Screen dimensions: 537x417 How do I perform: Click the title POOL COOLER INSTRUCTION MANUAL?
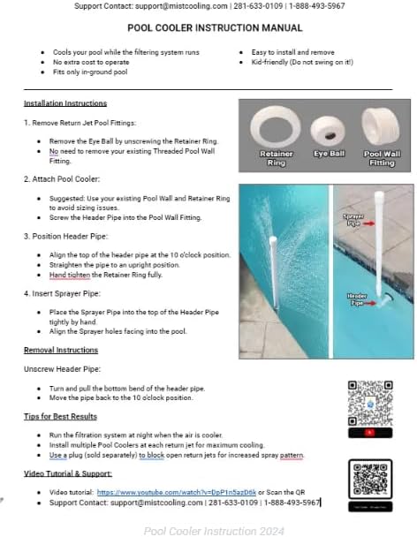[208, 28]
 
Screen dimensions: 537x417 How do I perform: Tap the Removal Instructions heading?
[60, 350]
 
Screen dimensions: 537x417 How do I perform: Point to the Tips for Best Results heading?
[60, 415]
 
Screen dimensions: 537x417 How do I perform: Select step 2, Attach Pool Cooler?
[61, 178]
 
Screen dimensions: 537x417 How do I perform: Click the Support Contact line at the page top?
[208, 6]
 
